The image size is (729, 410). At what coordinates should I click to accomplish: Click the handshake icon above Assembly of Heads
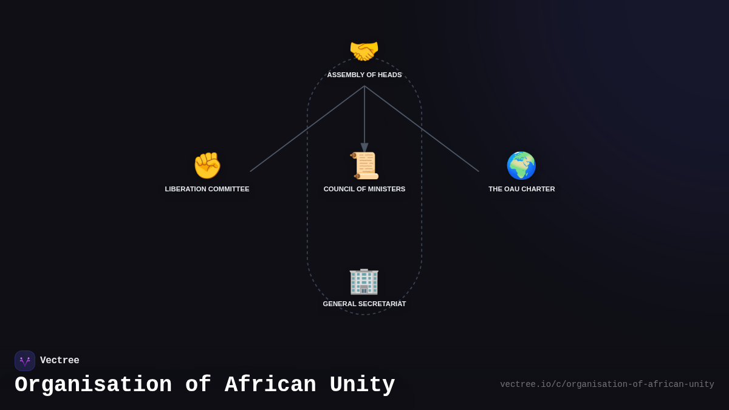coord(364,51)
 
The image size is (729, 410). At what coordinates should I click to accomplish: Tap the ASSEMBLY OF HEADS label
coord(364,75)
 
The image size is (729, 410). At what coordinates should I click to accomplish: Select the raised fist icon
coord(207,165)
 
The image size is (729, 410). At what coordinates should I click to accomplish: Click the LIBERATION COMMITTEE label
coord(207,189)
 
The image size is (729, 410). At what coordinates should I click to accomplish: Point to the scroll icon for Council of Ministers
coord(364,165)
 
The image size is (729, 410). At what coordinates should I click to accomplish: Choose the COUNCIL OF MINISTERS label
coord(364,189)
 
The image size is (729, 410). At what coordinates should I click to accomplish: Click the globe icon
coord(521,165)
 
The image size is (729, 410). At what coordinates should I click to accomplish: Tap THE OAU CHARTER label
coord(521,189)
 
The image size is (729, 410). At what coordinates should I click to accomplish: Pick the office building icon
coord(364,281)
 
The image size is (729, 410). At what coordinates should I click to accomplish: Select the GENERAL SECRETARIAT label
coord(364,304)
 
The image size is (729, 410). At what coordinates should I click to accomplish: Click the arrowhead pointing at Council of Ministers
coord(364,148)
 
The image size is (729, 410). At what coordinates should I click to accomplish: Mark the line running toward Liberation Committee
coord(307,129)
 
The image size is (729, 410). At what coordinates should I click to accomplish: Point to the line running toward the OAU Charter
coord(422,129)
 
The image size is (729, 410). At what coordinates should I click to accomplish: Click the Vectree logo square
coord(25,361)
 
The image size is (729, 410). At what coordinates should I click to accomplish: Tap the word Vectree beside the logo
coord(60,361)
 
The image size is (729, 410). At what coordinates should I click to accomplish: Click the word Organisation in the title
coord(93,385)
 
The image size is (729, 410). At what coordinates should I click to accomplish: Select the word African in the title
coord(270,385)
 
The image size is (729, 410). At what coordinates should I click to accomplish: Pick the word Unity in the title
coord(362,385)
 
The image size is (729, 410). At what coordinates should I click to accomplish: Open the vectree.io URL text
coord(607,384)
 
